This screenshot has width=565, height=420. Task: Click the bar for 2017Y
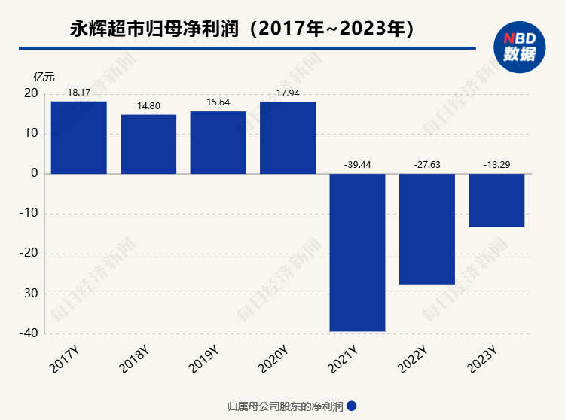pos(79,137)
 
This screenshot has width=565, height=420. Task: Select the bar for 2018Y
pos(148,144)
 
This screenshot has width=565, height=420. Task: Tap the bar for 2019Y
pos(218,142)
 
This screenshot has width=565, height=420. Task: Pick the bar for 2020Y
pos(288,138)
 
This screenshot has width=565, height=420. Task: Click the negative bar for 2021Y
pos(357,252)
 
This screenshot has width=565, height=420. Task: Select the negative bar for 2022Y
pos(427,229)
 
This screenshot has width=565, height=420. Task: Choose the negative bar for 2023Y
pos(496,200)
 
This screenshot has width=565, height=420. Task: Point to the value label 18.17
pos(79,93)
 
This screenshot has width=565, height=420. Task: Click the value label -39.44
pos(357,164)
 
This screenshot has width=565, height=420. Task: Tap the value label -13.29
pos(496,164)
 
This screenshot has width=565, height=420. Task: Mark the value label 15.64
pos(218,102)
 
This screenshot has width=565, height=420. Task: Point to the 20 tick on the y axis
pos(31,93)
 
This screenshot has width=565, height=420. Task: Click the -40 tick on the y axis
pos(29,333)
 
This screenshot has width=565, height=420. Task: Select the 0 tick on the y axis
pos(35,173)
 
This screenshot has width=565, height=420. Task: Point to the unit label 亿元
pos(44,77)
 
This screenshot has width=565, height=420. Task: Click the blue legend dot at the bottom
pos(351,406)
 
